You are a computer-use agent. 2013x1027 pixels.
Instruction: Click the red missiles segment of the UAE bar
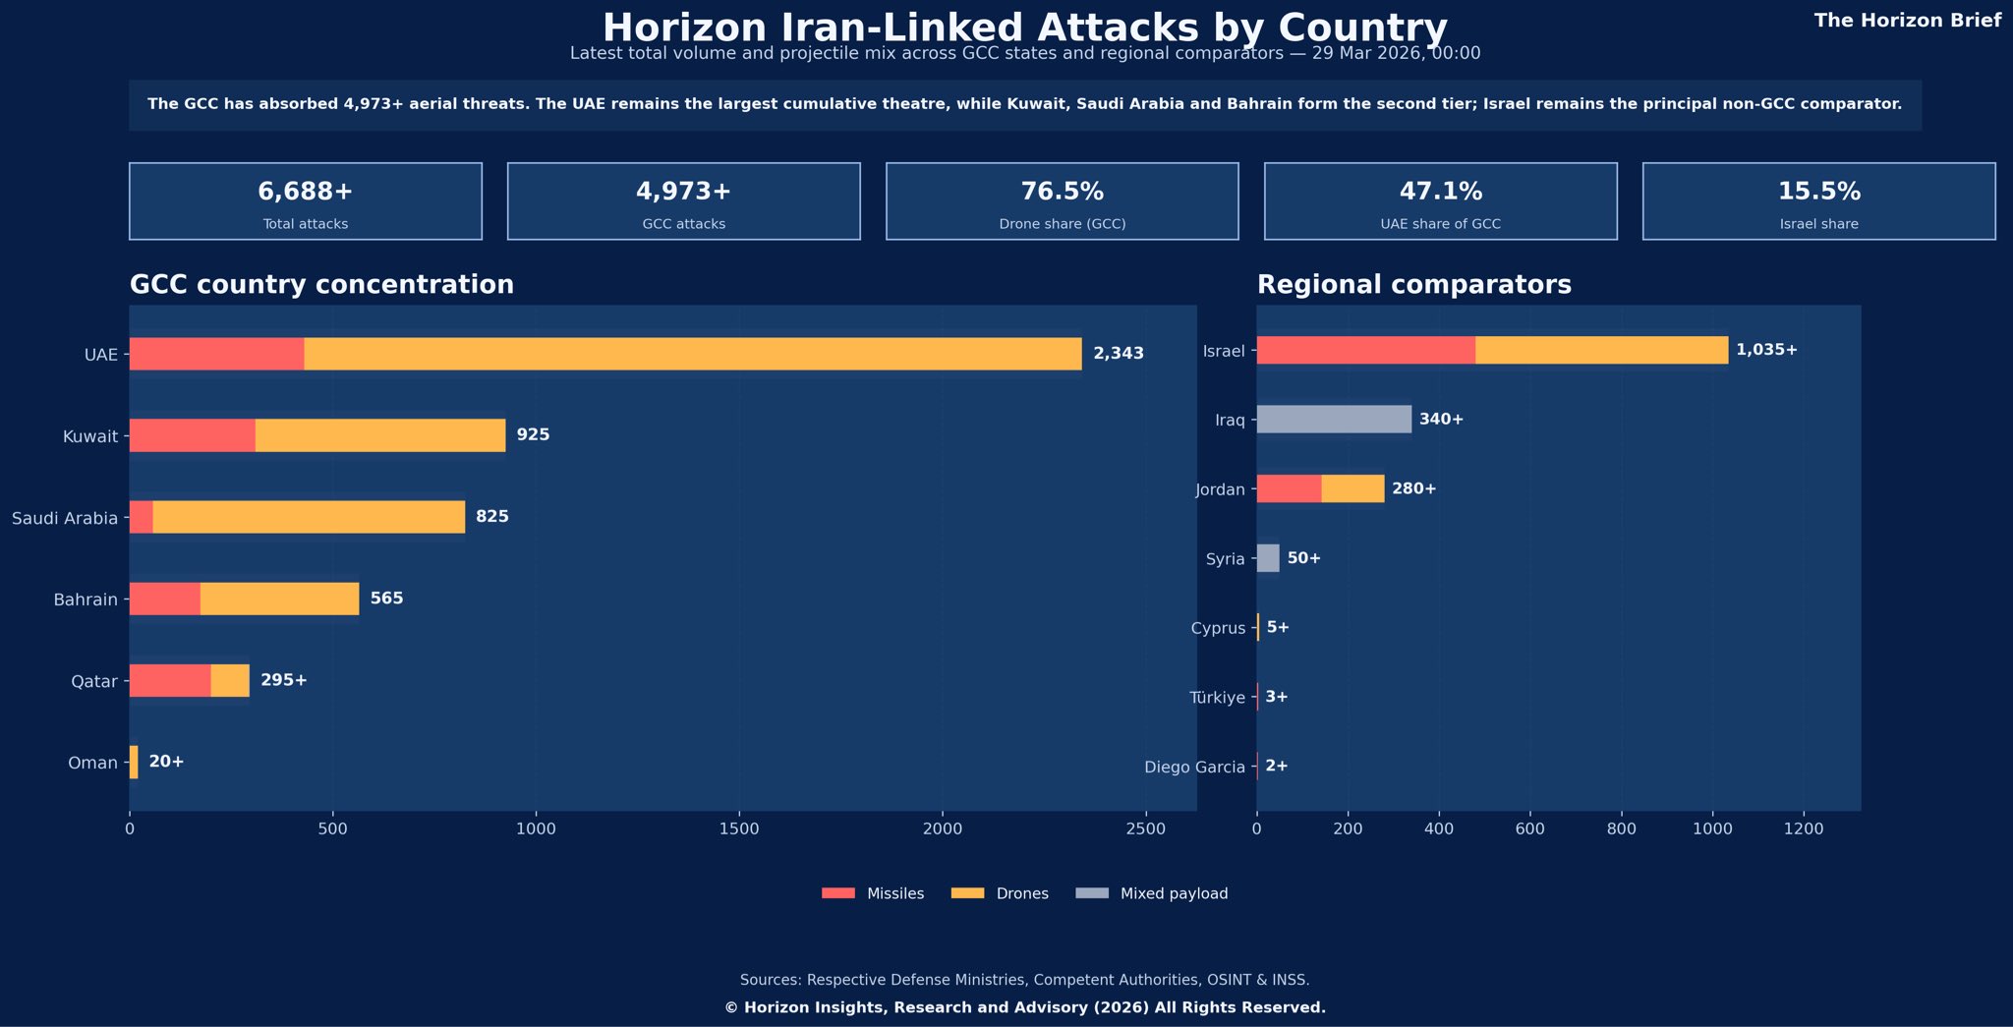click(x=216, y=354)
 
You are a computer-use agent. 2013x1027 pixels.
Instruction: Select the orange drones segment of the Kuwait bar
click(x=380, y=435)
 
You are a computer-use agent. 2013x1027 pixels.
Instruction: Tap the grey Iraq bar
click(x=1334, y=420)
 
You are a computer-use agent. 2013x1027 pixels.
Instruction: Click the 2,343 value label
click(x=1119, y=354)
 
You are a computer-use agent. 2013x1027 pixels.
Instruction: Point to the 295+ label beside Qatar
click(x=284, y=680)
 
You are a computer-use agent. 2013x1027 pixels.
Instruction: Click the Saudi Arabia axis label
click(x=65, y=518)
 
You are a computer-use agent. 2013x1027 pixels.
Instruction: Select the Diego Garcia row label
click(x=1194, y=768)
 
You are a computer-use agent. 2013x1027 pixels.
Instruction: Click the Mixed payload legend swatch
click(x=1092, y=893)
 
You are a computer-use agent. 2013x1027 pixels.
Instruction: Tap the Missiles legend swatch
click(x=838, y=893)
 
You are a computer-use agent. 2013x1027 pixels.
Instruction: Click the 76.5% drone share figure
click(x=1062, y=192)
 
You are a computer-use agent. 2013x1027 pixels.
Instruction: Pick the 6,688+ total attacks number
click(x=305, y=192)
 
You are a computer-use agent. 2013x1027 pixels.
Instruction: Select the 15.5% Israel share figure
click(x=1818, y=192)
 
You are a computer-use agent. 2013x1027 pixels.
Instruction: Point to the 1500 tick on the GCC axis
click(x=739, y=829)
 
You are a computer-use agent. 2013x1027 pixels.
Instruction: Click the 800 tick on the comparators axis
click(x=1621, y=829)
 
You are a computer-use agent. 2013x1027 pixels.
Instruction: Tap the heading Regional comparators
click(x=1413, y=285)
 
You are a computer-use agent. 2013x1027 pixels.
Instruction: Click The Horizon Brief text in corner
click(x=1907, y=21)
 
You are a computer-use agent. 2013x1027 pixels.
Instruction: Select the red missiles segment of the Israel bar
click(x=1365, y=351)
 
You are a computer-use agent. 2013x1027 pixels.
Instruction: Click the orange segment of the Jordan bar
click(x=1352, y=488)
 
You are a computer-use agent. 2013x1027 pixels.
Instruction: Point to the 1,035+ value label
click(x=1766, y=350)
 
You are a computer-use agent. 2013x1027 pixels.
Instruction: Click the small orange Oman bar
click(x=134, y=763)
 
